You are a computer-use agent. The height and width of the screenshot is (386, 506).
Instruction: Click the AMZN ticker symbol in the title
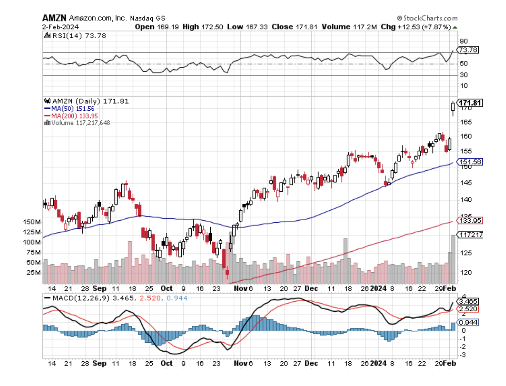(x=54, y=18)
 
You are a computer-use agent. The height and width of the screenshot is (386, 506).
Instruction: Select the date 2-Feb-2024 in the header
(x=58, y=27)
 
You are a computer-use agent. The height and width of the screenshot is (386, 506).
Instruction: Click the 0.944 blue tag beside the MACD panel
(x=468, y=322)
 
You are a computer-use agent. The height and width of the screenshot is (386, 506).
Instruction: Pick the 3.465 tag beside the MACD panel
(x=468, y=302)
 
